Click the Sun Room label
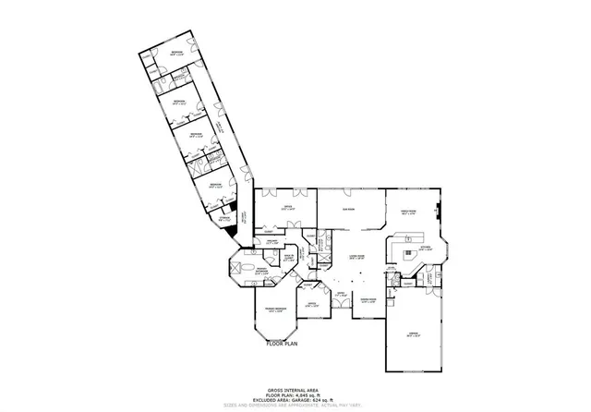tap(350, 210)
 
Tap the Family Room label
tap(410, 212)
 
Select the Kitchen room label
tap(426, 248)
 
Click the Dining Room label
tap(368, 299)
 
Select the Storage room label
tap(224, 219)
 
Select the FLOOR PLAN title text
tap(283, 343)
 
